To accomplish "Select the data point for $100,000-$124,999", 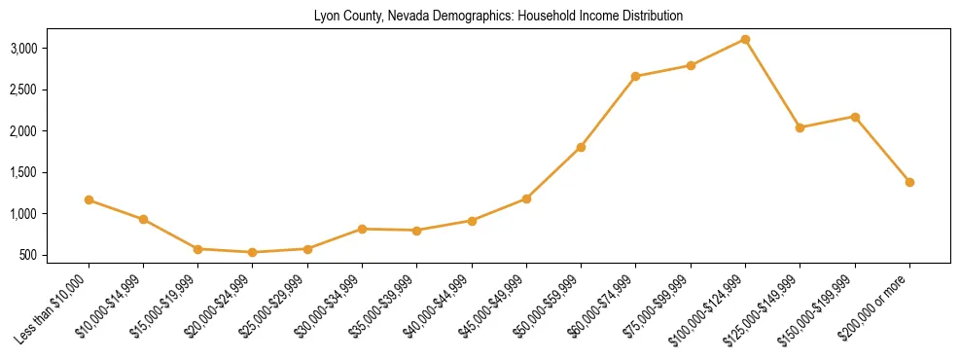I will pos(745,39).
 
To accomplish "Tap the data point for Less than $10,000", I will pos(89,199).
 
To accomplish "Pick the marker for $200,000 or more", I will pos(909,182).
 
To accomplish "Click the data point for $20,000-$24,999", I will pos(253,252).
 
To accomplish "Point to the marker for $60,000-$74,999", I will pos(635,76).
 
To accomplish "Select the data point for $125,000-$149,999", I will pos(800,127).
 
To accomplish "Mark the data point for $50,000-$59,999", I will pos(581,147).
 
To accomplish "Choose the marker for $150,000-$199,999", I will pos(855,117).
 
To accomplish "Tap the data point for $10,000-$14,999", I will pos(143,219).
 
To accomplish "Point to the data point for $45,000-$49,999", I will pos(526,198).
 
